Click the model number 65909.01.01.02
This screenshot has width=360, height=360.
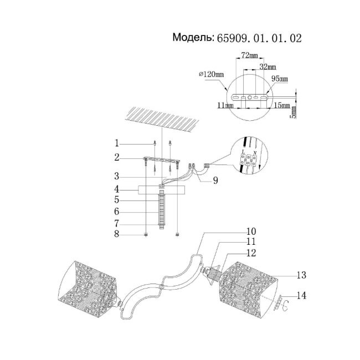pyautogui.click(x=260, y=38)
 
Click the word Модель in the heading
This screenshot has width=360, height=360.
pyautogui.click(x=193, y=38)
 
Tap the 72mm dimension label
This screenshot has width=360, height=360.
pyautogui.click(x=250, y=56)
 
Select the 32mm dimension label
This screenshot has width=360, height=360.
pyautogui.click(x=268, y=67)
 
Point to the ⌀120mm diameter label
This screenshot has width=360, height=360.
pyautogui.click(x=211, y=74)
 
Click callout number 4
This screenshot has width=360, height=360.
pyautogui.click(x=117, y=189)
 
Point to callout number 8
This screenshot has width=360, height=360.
pyautogui.click(x=117, y=235)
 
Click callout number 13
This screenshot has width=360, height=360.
pyautogui.click(x=302, y=275)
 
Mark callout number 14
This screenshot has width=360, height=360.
pyautogui.click(x=302, y=295)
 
